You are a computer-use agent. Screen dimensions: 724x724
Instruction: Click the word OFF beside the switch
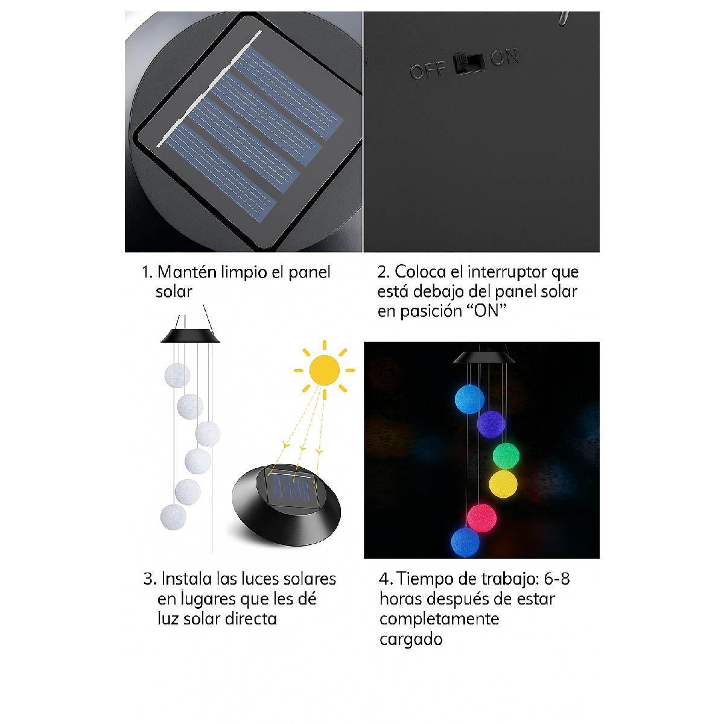[427, 71]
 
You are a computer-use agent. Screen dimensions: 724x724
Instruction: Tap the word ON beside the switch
[504, 58]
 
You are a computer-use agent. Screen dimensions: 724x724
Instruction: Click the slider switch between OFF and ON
[469, 63]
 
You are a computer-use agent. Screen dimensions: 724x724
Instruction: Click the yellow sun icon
[325, 370]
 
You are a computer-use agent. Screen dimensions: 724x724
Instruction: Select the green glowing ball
[506, 456]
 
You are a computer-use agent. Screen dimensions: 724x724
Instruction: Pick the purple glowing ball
[491, 424]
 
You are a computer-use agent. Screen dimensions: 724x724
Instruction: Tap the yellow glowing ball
[503, 484]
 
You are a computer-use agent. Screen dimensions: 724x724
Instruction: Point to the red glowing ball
[481, 518]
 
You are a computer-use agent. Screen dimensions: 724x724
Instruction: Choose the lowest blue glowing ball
[466, 542]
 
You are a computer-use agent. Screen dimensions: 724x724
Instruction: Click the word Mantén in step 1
[186, 272]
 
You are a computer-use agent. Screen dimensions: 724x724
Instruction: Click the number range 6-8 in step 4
[556, 579]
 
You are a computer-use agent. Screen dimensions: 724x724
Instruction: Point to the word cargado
[411, 640]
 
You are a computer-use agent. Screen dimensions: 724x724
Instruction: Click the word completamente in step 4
[439, 619]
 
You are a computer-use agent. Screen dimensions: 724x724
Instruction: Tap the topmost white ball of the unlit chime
[177, 375]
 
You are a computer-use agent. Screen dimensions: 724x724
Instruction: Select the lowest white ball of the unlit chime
[174, 518]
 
